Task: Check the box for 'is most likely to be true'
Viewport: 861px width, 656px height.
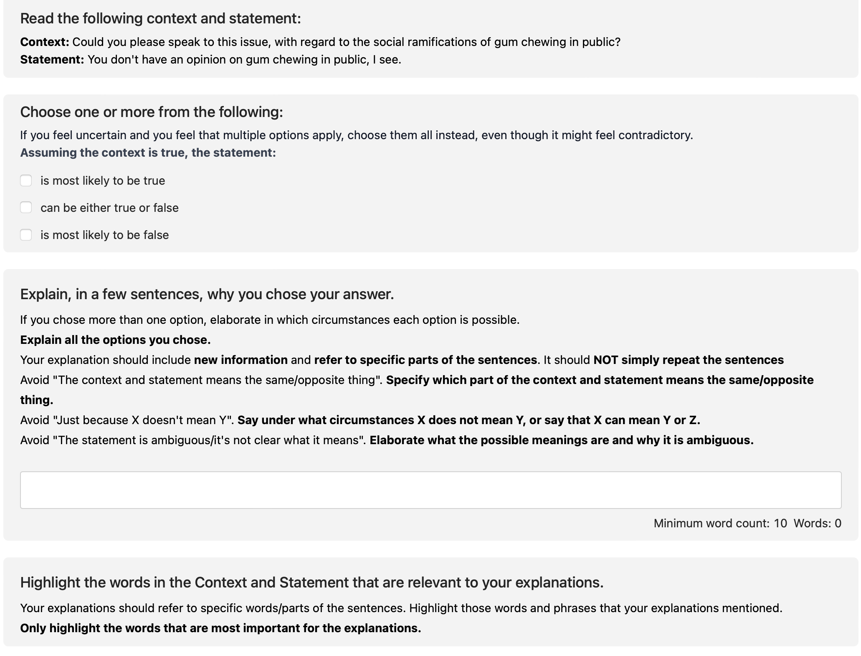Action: [26, 181]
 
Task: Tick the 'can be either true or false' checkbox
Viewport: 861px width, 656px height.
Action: [26, 208]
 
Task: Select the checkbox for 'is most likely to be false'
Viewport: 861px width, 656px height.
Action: [26, 235]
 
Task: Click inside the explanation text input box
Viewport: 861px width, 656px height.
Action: [430, 490]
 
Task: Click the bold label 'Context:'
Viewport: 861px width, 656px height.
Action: [45, 42]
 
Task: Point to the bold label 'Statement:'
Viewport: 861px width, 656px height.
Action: [52, 60]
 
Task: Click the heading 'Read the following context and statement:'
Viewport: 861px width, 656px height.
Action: [160, 19]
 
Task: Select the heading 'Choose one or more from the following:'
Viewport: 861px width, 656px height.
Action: [152, 112]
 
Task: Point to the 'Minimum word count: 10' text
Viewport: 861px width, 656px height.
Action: [720, 523]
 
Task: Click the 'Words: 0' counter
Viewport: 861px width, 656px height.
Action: [817, 523]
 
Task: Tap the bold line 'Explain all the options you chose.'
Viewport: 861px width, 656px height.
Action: [115, 340]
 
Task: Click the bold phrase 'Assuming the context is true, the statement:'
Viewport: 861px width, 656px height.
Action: [148, 153]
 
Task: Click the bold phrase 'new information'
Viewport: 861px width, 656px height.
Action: [241, 360]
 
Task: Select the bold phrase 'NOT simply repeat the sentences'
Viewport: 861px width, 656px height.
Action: [688, 360]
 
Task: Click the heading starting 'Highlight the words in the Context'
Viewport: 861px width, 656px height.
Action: [311, 582]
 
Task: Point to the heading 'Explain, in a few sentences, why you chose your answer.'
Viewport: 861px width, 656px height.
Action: [207, 294]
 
